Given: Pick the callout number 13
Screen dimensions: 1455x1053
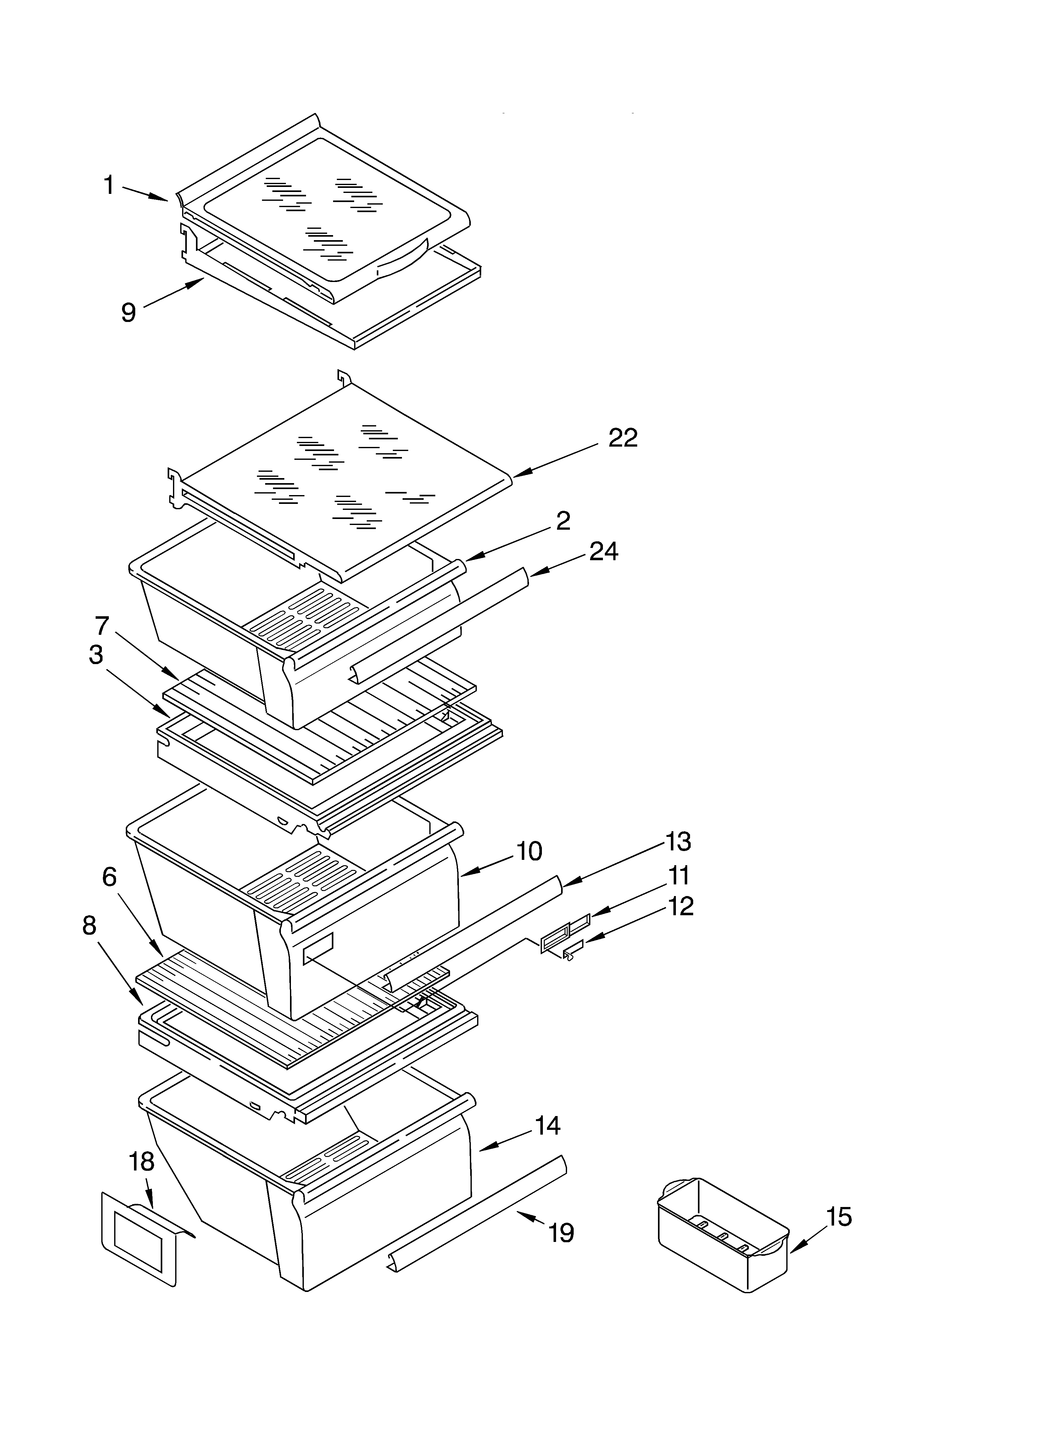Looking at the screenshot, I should click(678, 841).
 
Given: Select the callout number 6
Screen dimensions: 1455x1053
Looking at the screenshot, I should click(110, 877).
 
